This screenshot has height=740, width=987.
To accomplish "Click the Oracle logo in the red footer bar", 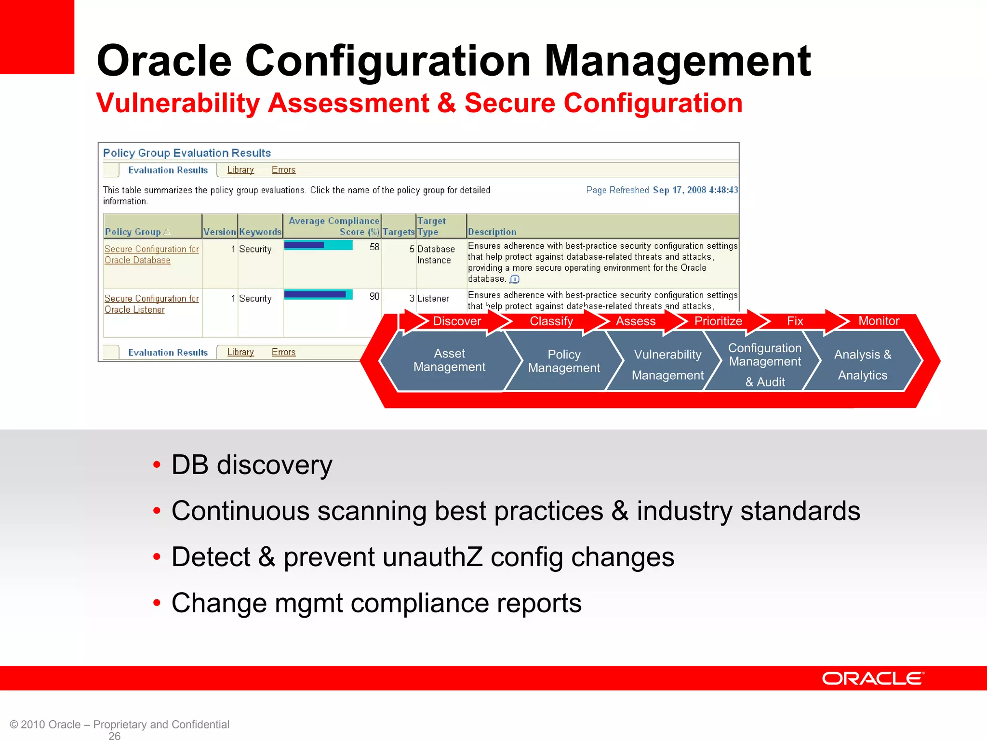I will (873, 678).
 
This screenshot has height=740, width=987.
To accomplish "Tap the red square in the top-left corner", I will (37, 37).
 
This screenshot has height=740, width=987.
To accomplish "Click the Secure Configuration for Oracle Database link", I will (151, 254).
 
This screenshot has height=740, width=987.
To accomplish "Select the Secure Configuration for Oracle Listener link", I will (151, 304).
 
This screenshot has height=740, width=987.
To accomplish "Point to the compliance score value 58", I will (374, 247).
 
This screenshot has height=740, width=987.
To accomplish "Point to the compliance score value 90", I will (374, 296).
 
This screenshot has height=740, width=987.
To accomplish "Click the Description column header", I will (492, 232).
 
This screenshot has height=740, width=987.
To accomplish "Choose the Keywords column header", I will (260, 232).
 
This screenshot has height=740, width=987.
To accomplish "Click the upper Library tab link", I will (240, 170).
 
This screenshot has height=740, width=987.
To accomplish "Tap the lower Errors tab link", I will (283, 352).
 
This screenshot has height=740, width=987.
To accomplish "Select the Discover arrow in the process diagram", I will (456, 321).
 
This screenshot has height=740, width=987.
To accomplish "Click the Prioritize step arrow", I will (718, 321).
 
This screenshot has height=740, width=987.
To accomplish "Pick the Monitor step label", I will (879, 321).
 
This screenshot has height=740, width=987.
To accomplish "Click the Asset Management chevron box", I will (449, 360).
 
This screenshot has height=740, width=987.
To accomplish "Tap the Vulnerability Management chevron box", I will (667, 365).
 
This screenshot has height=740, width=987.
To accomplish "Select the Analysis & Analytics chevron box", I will (863, 365).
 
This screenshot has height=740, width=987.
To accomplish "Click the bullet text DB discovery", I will (252, 465).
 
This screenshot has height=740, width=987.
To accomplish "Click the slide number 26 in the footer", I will (115, 735).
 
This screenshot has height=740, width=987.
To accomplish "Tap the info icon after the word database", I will (515, 279).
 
